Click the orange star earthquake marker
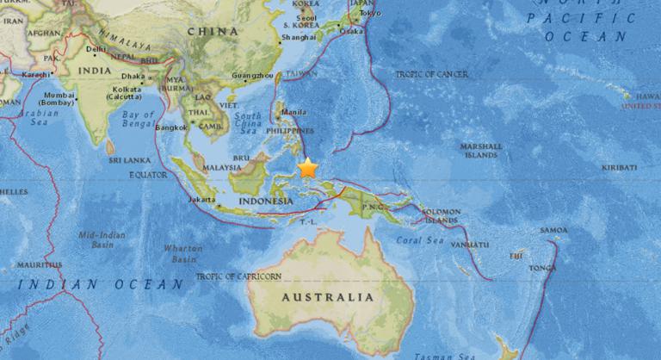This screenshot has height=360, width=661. pyautogui.click(x=307, y=168)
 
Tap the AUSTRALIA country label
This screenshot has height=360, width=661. pyautogui.click(x=328, y=296)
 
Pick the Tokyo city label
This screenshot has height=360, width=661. pyautogui.click(x=369, y=13)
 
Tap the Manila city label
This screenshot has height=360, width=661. pyautogui.click(x=293, y=112)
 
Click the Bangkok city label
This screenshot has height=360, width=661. pyautogui.click(x=171, y=127)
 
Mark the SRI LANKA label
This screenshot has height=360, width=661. pyautogui.click(x=124, y=160)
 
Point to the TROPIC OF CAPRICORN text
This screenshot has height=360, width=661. pyautogui.click(x=238, y=276)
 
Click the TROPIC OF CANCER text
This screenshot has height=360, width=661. pyautogui.click(x=431, y=75)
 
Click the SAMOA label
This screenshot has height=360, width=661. pyautogui.click(x=553, y=230)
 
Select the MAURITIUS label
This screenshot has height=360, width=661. pyautogui.click(x=37, y=264)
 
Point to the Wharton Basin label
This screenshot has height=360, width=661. pyautogui.click(x=183, y=253)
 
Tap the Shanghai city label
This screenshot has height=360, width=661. pyautogui.click(x=298, y=37)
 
